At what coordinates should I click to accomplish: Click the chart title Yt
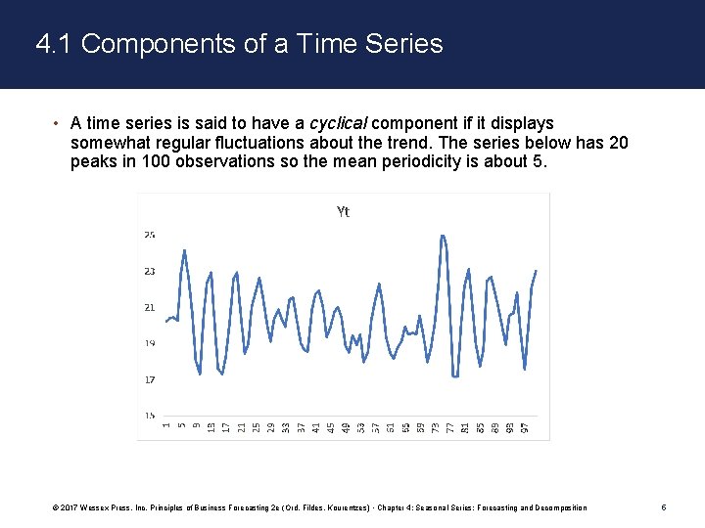tap(343, 212)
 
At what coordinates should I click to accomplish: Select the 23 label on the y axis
tap(150, 271)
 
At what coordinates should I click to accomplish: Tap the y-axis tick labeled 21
tap(150, 307)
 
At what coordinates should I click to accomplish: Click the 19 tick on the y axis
tap(150, 343)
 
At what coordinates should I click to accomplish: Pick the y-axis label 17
tap(150, 379)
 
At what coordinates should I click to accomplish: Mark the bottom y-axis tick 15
tap(150, 416)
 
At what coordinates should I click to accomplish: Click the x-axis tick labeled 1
tap(166, 425)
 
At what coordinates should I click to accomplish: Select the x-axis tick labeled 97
tap(525, 427)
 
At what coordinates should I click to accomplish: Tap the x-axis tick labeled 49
tap(346, 427)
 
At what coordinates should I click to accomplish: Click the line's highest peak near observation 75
tap(443, 236)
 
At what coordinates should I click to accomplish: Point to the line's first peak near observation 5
tap(185, 250)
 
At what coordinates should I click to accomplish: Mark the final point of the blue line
tap(536, 271)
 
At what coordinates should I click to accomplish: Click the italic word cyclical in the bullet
tap(339, 123)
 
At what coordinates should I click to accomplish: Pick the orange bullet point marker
tap(57, 123)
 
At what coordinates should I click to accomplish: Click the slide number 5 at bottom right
tap(664, 507)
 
